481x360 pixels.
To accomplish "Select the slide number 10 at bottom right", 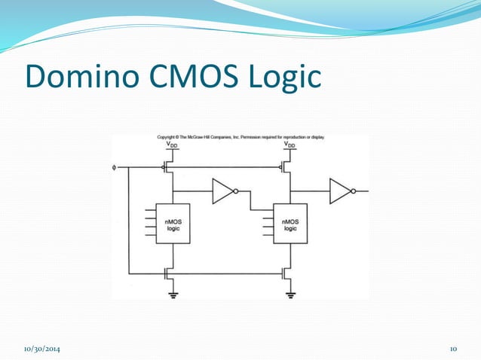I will coord(454,349).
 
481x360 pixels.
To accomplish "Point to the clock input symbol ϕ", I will coord(115,167).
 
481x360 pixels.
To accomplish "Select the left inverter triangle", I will coord(222,191).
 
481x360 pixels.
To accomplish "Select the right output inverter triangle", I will coord(340,191).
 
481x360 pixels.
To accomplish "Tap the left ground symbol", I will coord(173,294).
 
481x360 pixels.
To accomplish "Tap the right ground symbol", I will coord(290,294).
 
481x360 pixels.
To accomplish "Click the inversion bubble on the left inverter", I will coord(236,191).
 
